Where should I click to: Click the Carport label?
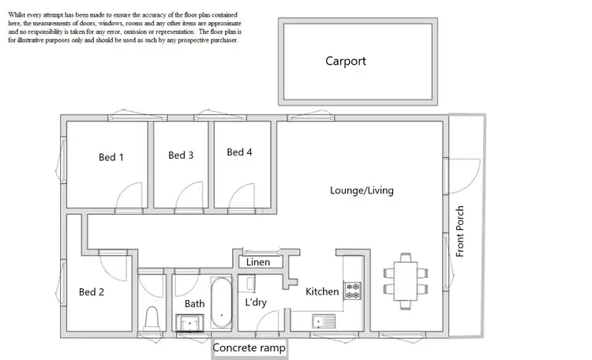pyautogui.click(x=346, y=61)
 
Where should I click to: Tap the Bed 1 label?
pyautogui.click(x=111, y=157)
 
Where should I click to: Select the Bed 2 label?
pyautogui.click(x=92, y=292)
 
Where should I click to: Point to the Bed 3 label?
pyautogui.click(x=181, y=156)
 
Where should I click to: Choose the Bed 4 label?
pyautogui.click(x=239, y=152)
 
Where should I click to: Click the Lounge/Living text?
pyautogui.click(x=362, y=190)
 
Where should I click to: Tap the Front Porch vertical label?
pyautogui.click(x=460, y=231)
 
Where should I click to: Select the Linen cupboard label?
pyautogui.click(x=258, y=262)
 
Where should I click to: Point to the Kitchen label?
pyautogui.click(x=322, y=292)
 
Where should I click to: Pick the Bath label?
pyautogui.click(x=194, y=303)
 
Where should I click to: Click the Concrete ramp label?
pyautogui.click(x=249, y=347)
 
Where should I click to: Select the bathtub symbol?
pyautogui.click(x=220, y=303)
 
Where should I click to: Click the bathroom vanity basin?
pyautogui.click(x=189, y=321)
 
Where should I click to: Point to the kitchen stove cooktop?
pyautogui.click(x=352, y=291)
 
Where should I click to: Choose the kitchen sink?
pyautogui.click(x=323, y=321)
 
